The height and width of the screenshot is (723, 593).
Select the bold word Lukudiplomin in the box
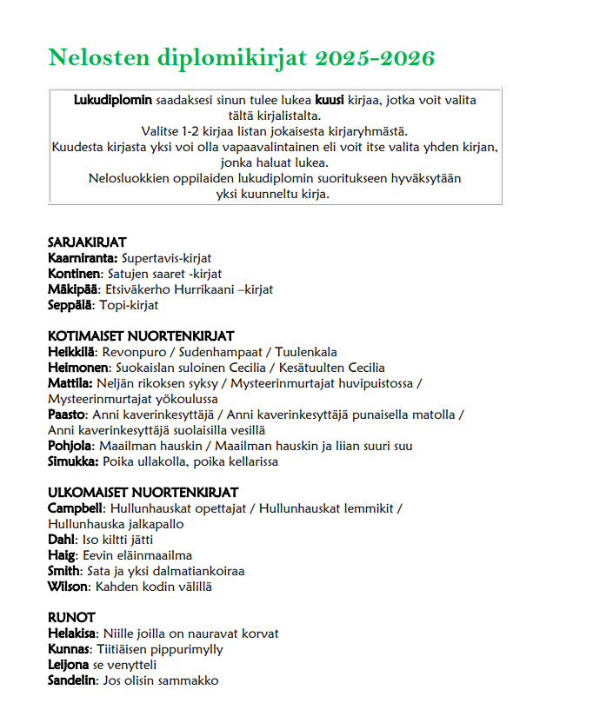coord(113,100)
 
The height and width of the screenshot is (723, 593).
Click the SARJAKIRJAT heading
coord(87,242)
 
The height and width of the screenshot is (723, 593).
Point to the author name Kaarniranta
coord(83,258)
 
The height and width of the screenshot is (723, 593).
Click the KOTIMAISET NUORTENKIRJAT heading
coord(141,336)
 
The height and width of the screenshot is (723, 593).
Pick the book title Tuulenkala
coord(306,352)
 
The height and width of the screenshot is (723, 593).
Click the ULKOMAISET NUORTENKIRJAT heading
coord(143,493)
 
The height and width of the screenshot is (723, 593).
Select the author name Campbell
coord(77,508)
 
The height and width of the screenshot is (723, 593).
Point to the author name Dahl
coord(61,540)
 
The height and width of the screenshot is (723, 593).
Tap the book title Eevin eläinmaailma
coord(137,555)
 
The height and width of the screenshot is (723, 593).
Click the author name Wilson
coord(67,587)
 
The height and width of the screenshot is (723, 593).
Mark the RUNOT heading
coord(71,618)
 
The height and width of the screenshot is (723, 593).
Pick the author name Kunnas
coord(69,649)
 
